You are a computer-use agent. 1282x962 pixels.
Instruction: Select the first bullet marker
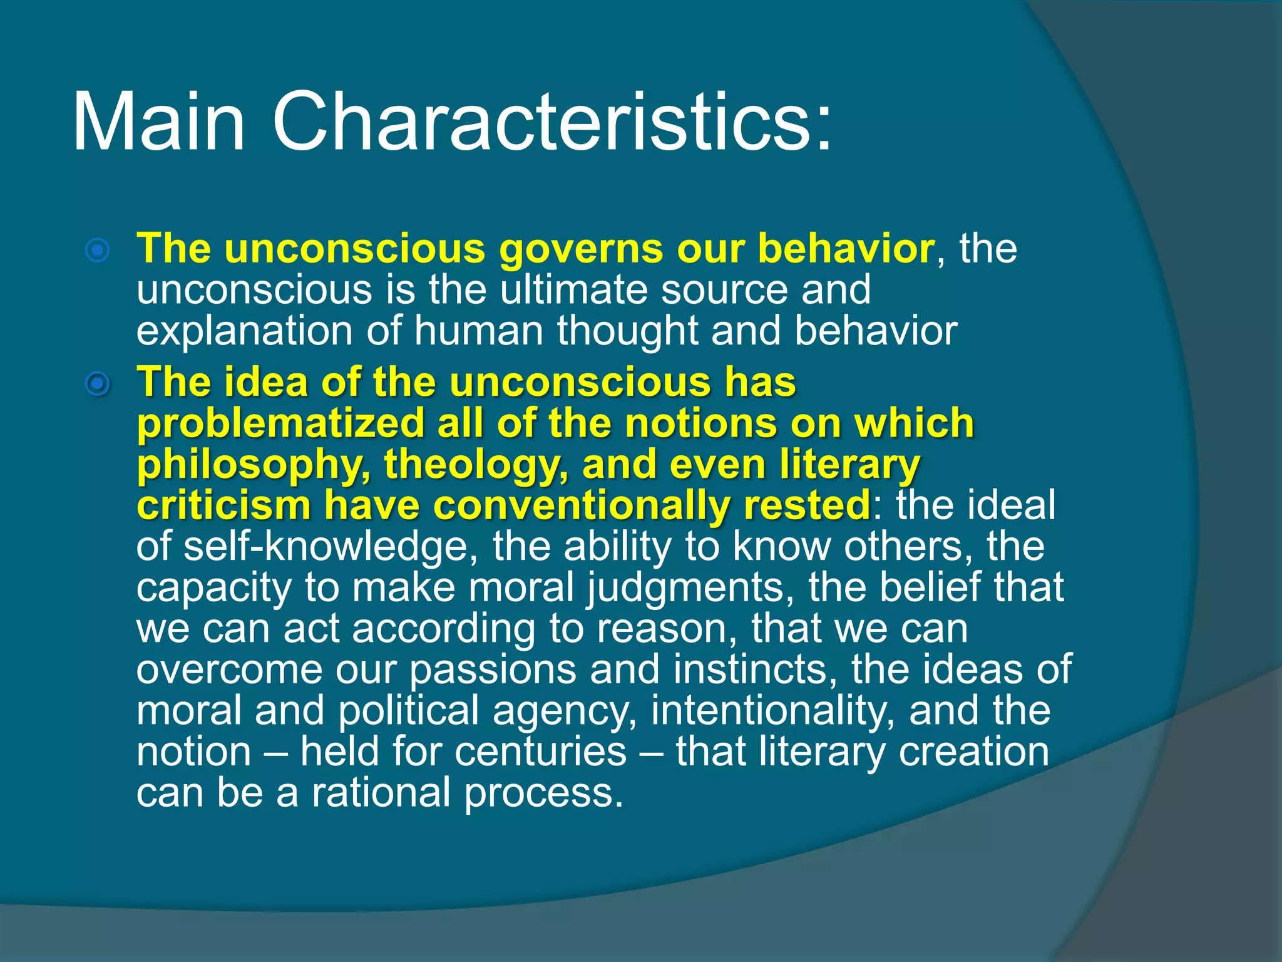pos(98,251)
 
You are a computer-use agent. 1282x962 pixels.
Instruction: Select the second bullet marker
pos(98,384)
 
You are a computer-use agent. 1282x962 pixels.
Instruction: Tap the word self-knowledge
pos(326,547)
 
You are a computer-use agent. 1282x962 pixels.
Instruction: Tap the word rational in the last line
pos(381,793)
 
